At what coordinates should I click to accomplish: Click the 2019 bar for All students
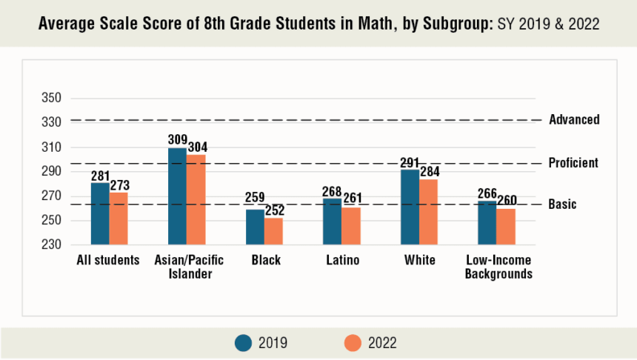pos(100,213)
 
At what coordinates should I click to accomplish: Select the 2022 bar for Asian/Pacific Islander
pos(196,199)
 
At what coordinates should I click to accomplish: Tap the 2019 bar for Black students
pos(255,227)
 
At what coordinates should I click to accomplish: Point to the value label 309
pos(178,139)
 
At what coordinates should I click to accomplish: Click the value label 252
pos(275,210)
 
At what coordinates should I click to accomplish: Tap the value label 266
pos(487,193)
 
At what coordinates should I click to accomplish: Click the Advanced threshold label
pos(574,120)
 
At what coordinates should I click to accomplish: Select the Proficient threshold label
pos(573,163)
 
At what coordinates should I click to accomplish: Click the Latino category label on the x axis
pos(342,260)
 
